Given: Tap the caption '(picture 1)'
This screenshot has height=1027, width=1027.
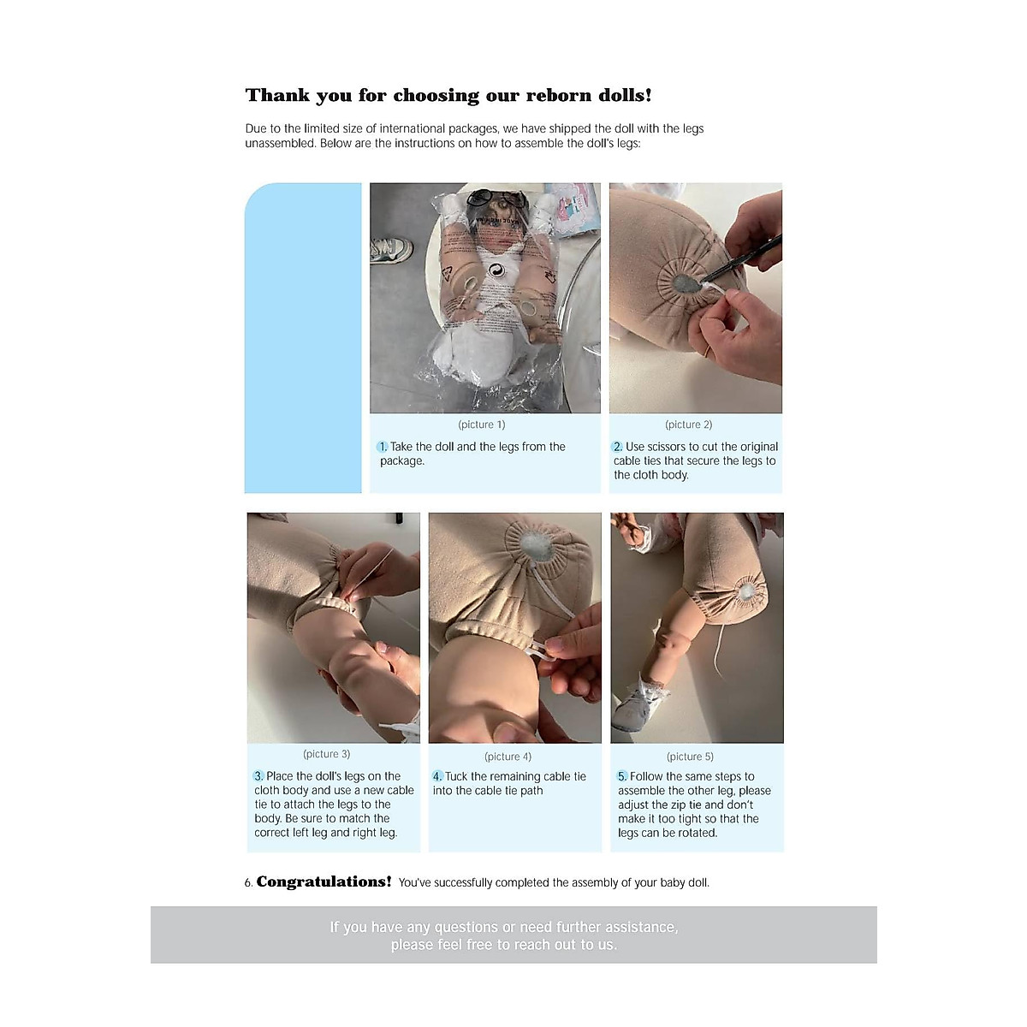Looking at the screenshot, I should [482, 424].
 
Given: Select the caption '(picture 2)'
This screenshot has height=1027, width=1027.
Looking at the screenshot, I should [689, 424].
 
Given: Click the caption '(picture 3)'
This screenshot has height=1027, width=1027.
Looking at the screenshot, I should [327, 754].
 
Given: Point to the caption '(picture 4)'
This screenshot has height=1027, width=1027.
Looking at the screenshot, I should [508, 757].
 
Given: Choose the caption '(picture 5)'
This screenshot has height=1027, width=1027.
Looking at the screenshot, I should [690, 757].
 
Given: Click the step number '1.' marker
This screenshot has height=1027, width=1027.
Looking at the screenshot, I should [383, 447].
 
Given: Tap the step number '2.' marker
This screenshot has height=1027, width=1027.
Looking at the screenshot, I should [618, 447].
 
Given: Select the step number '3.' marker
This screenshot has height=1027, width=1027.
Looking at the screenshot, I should [258, 776].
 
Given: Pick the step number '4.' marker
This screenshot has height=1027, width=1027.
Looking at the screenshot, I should [437, 776].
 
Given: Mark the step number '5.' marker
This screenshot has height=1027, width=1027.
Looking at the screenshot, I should [622, 776].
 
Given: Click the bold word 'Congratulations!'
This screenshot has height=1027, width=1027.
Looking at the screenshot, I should [324, 882].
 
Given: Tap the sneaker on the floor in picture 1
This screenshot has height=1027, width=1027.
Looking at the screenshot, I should [391, 249].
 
